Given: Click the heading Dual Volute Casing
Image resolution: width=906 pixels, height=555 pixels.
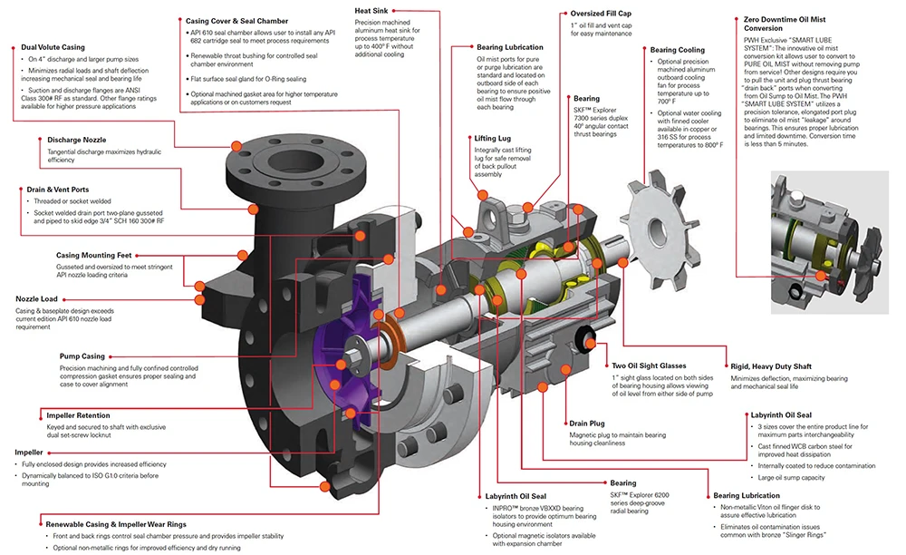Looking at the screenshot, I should tap(53, 46).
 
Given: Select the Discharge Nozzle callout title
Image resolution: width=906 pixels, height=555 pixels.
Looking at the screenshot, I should tap(76, 140).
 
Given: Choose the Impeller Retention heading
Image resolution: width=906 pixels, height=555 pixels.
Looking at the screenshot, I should tap(86, 415).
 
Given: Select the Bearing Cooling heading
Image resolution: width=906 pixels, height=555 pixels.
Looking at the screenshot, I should tap(677, 50).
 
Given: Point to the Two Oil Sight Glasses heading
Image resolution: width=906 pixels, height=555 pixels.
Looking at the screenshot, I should tap(649, 365).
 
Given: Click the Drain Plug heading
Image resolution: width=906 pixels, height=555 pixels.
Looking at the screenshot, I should tap(588, 423).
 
